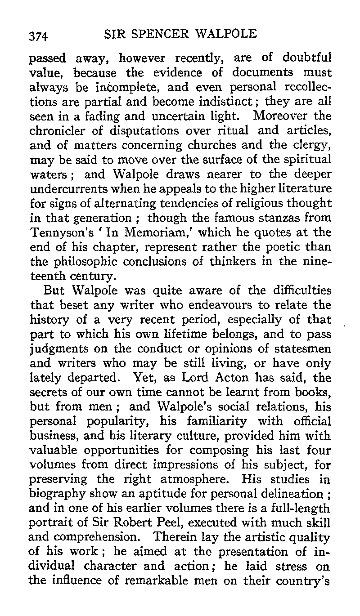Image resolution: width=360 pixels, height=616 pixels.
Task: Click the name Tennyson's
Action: (x=57, y=232)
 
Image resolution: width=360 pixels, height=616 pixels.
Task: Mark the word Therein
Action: (x=174, y=538)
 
